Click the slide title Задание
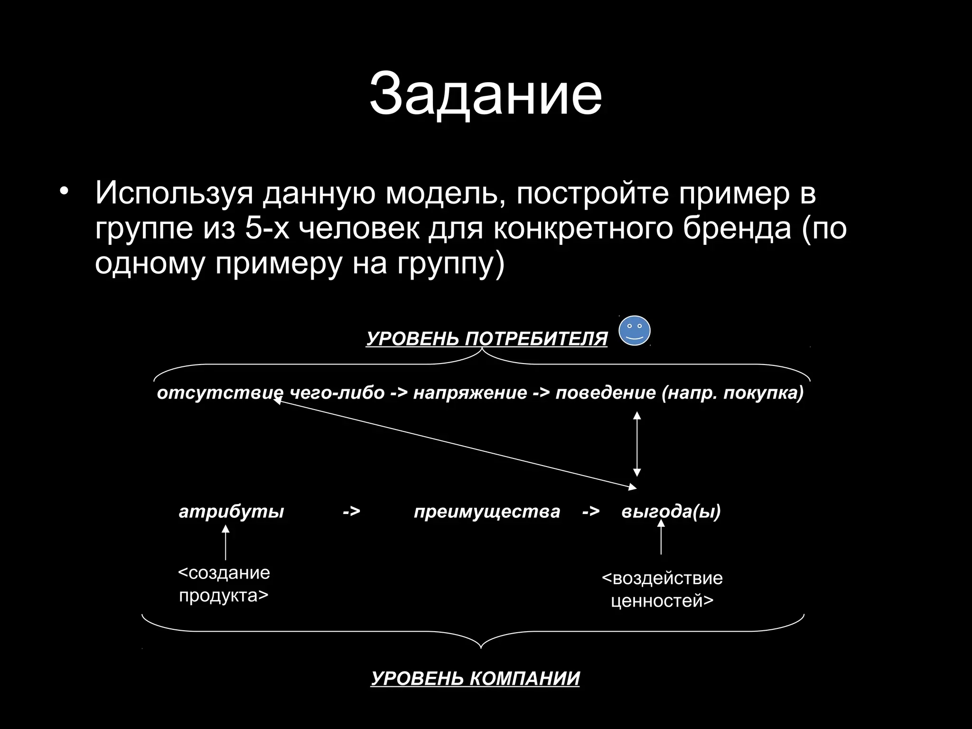(x=486, y=93)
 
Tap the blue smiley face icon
(x=635, y=331)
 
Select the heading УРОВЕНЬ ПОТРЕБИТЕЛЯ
(x=486, y=339)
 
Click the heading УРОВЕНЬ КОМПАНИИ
(x=475, y=678)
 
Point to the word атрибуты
(x=231, y=512)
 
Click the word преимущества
(x=487, y=512)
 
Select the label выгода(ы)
(x=671, y=512)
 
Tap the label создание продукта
(x=224, y=584)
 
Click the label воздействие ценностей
(x=662, y=589)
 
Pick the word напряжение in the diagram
(x=470, y=393)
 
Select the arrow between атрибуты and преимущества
(x=351, y=512)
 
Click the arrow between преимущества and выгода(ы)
(x=591, y=512)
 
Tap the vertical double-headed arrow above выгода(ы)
(x=637, y=444)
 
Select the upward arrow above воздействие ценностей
(x=661, y=537)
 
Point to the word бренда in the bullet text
(x=737, y=229)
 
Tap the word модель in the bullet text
(x=445, y=193)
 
